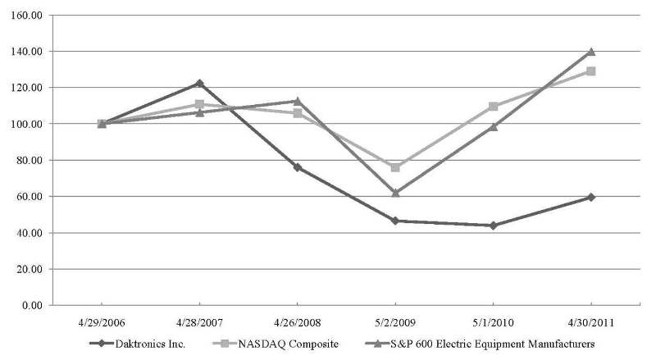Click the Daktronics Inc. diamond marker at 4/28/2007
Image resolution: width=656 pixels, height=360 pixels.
click(x=199, y=84)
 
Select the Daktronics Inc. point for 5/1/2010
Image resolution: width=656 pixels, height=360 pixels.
click(x=493, y=226)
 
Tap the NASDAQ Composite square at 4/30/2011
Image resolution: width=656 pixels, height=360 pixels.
click(x=590, y=71)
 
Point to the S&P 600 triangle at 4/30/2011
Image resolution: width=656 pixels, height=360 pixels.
click(x=590, y=52)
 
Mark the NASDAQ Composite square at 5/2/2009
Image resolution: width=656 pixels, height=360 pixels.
click(x=395, y=167)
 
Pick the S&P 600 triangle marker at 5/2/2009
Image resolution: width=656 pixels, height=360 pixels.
click(x=395, y=193)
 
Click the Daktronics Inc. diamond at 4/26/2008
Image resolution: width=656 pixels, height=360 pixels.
click(x=297, y=167)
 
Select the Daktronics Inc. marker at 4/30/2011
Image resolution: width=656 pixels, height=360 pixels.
click(x=590, y=197)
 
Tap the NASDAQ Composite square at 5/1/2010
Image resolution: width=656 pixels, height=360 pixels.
click(x=493, y=107)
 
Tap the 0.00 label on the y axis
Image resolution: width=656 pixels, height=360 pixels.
click(x=30, y=305)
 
